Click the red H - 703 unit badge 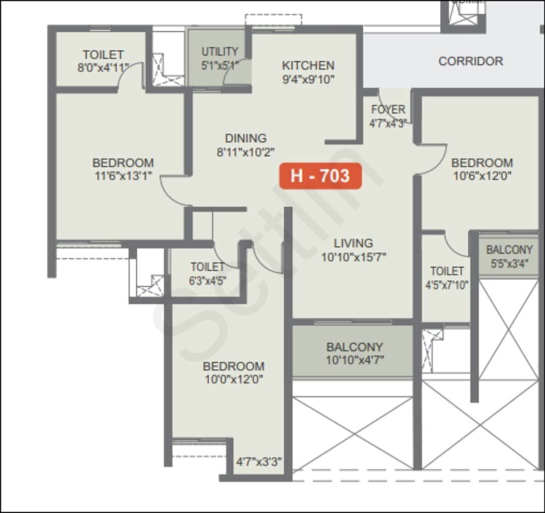(320, 176)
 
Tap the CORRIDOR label (470, 61)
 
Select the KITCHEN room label (308, 66)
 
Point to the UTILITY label (220, 52)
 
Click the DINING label (246, 138)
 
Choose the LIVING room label (353, 243)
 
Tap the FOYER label (388, 109)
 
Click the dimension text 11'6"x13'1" (123, 176)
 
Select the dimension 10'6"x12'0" (481, 176)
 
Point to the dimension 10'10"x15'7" (354, 257)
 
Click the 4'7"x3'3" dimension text (259, 462)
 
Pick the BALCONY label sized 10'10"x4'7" (354, 347)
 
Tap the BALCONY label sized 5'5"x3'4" (509, 250)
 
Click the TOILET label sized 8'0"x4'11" (103, 54)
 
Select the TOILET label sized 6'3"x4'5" (207, 267)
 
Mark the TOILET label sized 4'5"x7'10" (447, 271)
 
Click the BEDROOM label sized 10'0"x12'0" (233, 366)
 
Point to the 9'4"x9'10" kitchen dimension (308, 79)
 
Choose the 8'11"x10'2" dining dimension (246, 152)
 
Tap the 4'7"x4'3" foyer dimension (388, 123)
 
